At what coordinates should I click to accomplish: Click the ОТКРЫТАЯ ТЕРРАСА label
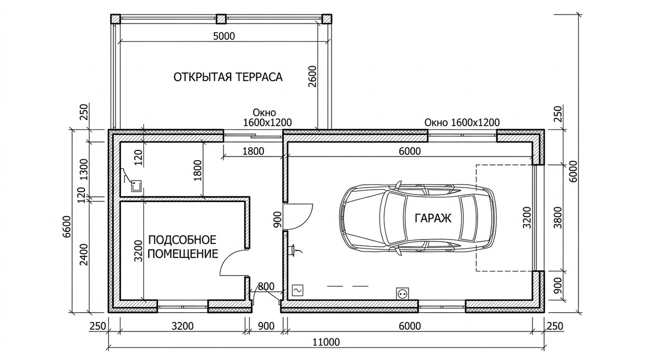228,77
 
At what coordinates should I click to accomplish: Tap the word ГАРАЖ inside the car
433,218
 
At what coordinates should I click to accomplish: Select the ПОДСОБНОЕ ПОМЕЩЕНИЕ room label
183,246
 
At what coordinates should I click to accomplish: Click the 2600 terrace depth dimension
314,76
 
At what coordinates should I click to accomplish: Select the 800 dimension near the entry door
266,286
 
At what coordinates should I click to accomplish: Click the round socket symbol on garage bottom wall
402,293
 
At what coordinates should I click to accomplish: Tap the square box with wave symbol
297,291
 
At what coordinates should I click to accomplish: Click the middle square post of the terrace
221,19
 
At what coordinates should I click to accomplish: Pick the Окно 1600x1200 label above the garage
462,123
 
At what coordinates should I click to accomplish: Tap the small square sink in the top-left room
136,186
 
